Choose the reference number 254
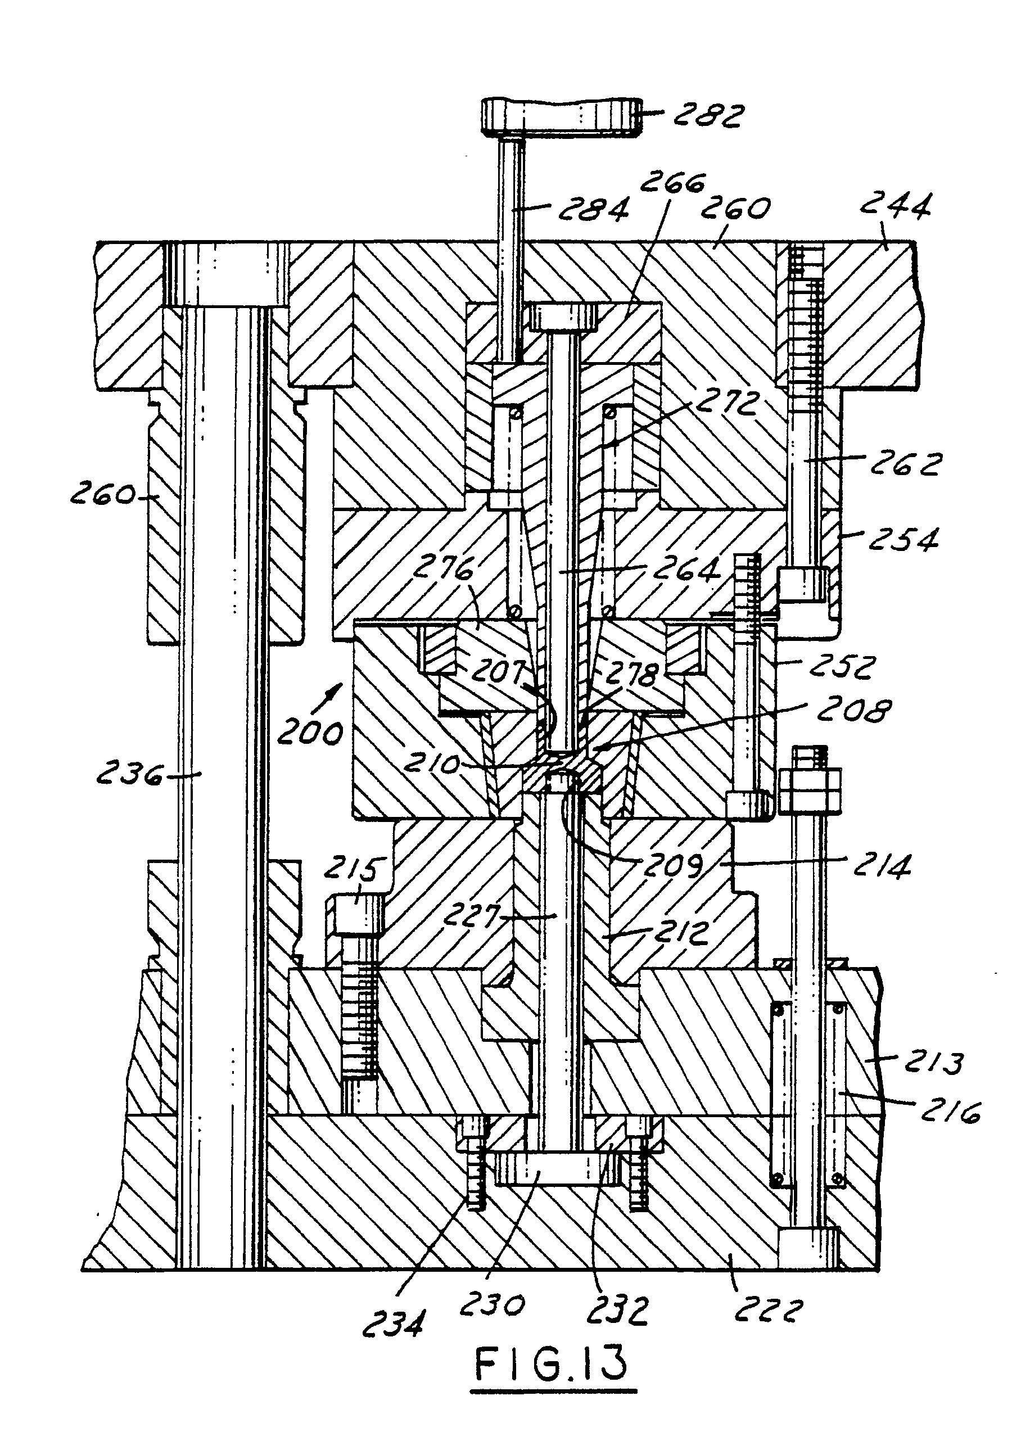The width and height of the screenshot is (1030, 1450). click(x=902, y=539)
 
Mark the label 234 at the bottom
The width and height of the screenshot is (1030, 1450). click(x=393, y=1322)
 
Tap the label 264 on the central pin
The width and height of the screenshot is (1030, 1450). click(x=686, y=568)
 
